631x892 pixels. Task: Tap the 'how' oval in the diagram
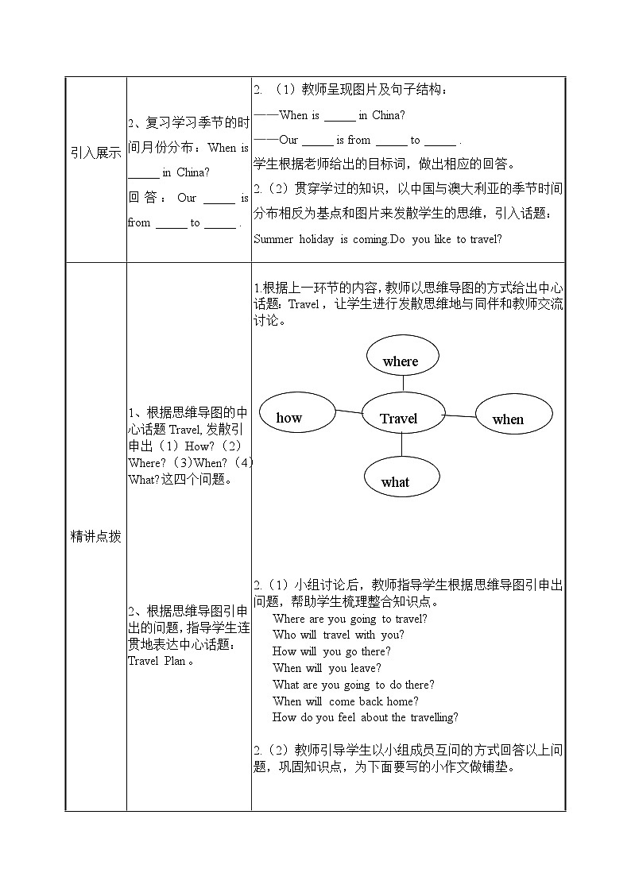click(294, 416)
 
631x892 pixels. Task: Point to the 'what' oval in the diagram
click(399, 478)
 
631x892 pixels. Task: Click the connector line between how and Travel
click(348, 411)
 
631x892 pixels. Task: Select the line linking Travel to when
click(459, 415)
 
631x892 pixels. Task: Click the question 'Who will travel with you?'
click(338, 635)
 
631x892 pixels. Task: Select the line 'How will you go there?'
click(331, 651)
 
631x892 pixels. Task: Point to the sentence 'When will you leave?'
click(327, 668)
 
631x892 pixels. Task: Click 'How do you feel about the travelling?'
click(365, 717)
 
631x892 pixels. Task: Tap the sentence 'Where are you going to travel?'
click(350, 618)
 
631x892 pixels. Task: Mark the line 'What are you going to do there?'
click(353, 685)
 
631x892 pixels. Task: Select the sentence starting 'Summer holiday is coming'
click(377, 239)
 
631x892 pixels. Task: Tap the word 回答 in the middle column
click(145, 198)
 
